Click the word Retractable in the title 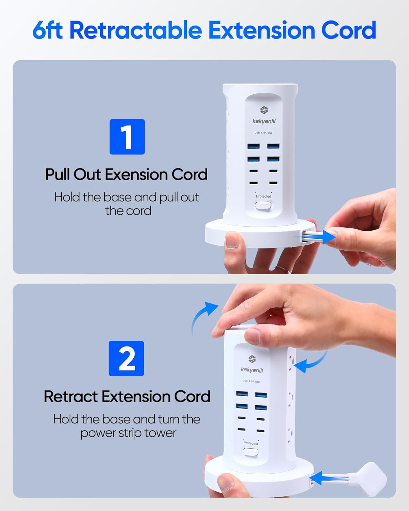point(136,30)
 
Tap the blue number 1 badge point(127,137)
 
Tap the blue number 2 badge point(126,358)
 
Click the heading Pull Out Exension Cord point(126,174)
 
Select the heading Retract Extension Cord point(127,397)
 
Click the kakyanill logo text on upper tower point(264,121)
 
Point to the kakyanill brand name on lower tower point(252,370)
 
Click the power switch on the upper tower point(263,205)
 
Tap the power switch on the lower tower point(251,452)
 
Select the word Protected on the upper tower point(263,196)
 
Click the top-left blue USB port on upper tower point(254,146)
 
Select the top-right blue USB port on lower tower point(261,395)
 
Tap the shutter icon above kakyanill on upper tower point(264,110)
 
